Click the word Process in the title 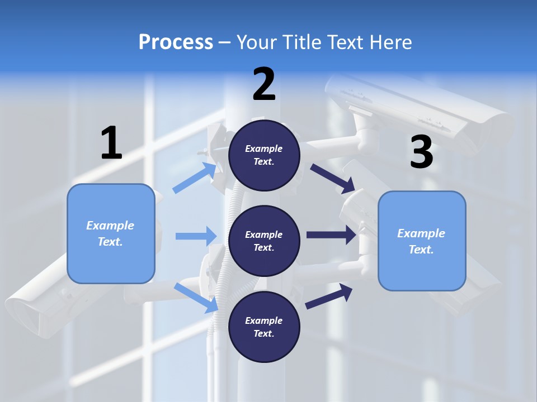(176, 42)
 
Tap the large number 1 (111, 143)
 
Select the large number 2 (264, 84)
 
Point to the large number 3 (421, 152)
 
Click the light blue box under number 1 (111, 233)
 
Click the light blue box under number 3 (422, 241)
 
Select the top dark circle (264, 155)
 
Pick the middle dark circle (264, 241)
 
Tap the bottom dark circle (264, 327)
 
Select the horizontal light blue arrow (196, 236)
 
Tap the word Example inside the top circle (264, 149)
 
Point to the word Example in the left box (110, 226)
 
